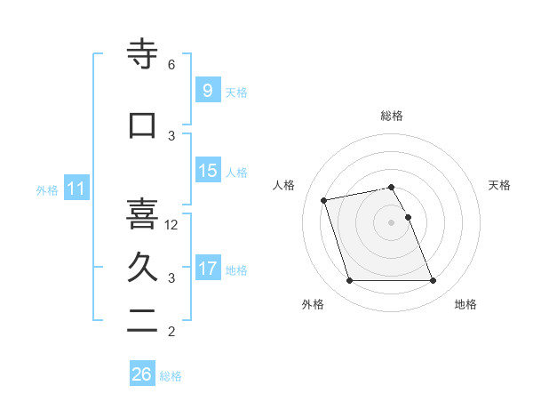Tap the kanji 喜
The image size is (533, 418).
pos(142,213)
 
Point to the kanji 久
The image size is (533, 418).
pos(142,266)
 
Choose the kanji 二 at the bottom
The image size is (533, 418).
pos(142,322)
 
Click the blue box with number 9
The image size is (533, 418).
pos(207,91)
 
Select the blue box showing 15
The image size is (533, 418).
pos(207,171)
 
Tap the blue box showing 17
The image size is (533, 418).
pos(207,269)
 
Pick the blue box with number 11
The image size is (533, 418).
pos(76,189)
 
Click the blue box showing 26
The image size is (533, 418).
pos(142,374)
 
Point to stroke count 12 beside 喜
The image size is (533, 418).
pos(172,225)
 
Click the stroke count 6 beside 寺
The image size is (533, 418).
pos(171,65)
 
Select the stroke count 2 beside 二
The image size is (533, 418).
pos(171,333)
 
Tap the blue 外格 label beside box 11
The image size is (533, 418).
pos(46,189)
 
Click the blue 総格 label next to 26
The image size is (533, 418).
pos(171,376)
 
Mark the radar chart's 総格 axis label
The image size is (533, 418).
pos(392,116)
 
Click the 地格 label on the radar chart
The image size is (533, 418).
pos(465,304)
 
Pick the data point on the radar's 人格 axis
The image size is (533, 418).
pos(324,199)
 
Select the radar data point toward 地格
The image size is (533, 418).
pos(433,281)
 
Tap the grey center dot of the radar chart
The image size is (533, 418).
pos(392,221)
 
